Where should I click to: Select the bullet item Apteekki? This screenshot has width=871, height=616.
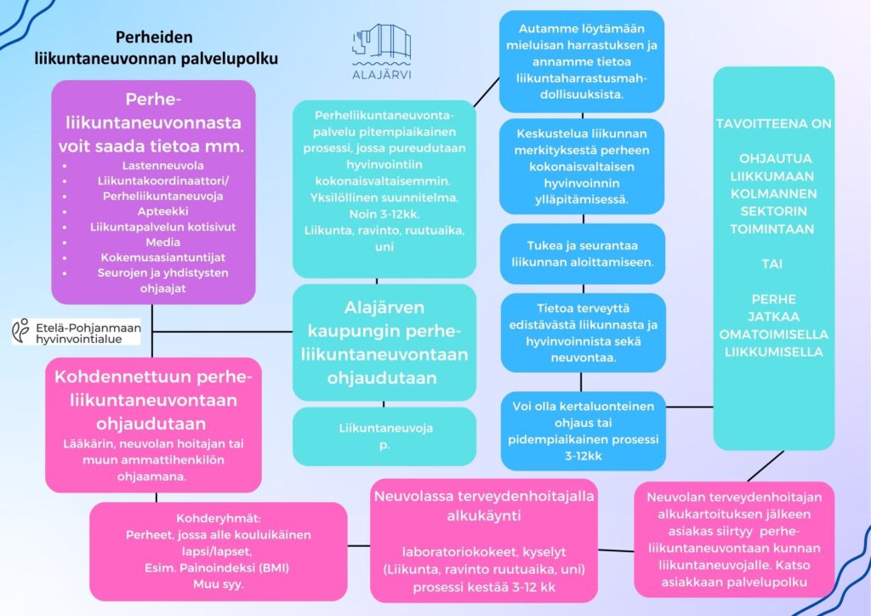pos(153,211)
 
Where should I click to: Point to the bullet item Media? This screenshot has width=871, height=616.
pos(153,242)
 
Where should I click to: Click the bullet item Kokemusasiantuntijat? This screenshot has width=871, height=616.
pos(153,257)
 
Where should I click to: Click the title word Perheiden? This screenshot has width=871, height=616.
pos(154,37)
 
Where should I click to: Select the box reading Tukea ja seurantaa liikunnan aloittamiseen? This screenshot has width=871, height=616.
pos(583,253)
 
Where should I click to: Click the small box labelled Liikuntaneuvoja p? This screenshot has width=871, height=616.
pos(384,436)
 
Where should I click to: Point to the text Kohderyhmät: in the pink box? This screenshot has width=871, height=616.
pos(219,518)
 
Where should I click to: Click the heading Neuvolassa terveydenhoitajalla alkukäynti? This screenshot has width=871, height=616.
pos(483,506)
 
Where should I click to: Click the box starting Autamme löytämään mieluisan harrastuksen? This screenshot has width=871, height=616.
pos(583,60)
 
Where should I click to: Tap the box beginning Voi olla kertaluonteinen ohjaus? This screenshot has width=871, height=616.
pos(583,431)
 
